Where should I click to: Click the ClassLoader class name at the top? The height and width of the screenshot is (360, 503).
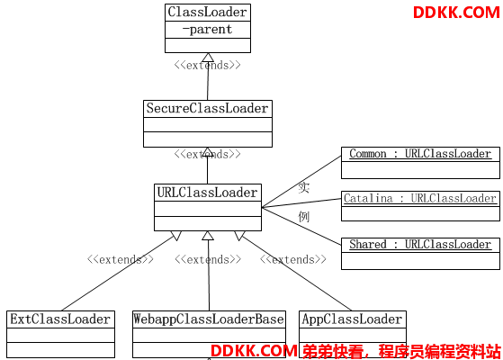pos(207,13)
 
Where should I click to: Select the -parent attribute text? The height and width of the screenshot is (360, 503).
pos(207,30)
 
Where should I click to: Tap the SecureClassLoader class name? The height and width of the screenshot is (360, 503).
pos(207,108)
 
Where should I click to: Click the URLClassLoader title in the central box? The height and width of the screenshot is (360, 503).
pos(207,193)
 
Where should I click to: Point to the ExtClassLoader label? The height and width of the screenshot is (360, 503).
pos(60,319)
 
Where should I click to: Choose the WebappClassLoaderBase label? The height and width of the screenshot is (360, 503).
pos(209,319)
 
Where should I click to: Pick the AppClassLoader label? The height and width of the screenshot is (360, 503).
pos(352,319)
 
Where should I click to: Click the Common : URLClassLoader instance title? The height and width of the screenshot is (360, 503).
pos(420,154)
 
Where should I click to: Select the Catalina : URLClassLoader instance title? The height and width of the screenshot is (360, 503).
pos(420,198)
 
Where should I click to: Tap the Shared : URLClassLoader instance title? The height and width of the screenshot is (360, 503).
pos(420,245)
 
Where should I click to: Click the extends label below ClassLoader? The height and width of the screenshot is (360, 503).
pos(207,65)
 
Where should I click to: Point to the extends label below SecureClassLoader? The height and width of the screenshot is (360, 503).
pos(207,154)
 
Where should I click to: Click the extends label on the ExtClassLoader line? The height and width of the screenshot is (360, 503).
pos(121,259)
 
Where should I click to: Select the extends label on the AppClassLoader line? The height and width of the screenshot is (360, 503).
pos(292,259)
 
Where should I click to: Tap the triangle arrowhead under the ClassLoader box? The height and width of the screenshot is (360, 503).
pos(208,58)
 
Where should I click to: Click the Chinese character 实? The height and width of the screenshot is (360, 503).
pos(304,187)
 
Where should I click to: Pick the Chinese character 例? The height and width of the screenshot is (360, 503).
pos(304,217)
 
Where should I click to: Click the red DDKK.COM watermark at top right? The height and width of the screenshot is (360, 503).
pos(456,13)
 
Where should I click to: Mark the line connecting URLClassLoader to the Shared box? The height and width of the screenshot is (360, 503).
pos(301,226)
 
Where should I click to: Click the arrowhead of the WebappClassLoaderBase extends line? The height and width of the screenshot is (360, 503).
pos(208,236)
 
